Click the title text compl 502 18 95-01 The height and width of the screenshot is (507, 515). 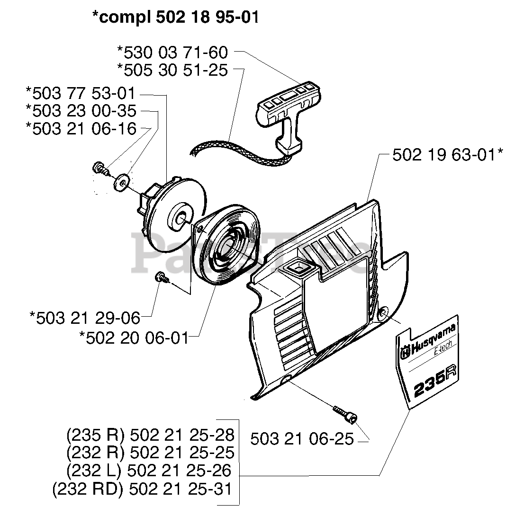point(176,18)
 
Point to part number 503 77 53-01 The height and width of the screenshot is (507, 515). point(81,93)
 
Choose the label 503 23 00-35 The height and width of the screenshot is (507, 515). point(81,111)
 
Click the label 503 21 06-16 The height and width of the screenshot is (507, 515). point(81,129)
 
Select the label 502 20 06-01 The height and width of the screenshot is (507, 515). point(134,338)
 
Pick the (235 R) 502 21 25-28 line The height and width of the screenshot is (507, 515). point(151,435)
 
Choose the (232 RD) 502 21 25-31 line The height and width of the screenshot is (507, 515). point(143,488)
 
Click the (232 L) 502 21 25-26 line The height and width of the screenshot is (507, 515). point(149,470)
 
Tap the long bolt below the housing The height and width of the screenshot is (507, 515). point(345,413)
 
